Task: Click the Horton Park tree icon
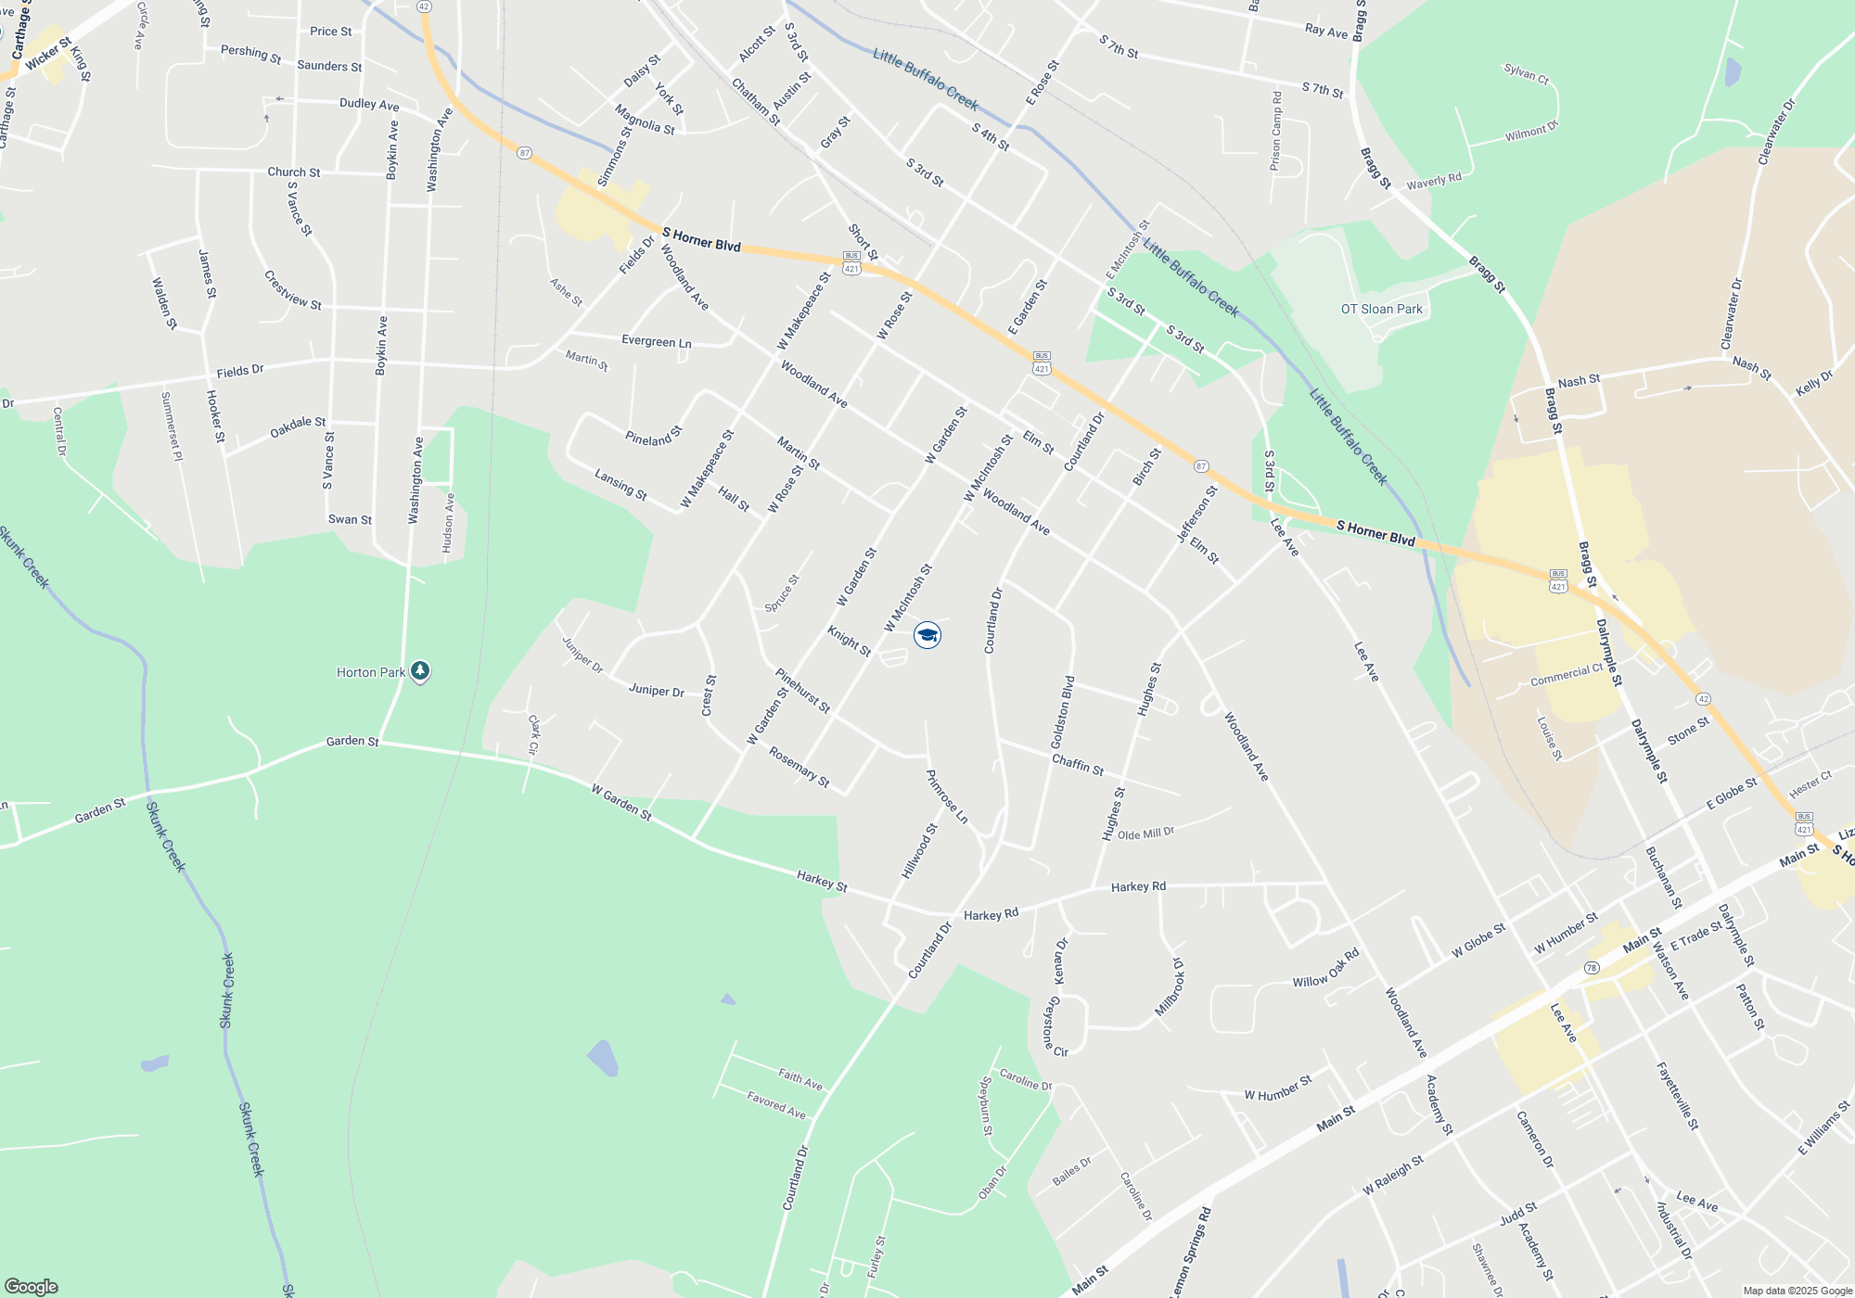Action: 420,671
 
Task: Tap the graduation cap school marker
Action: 927,635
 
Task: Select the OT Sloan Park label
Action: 1381,309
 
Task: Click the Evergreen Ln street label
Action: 656,341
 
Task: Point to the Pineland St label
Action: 653,436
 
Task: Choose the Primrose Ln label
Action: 947,796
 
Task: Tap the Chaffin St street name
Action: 1078,764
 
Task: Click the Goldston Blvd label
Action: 1063,712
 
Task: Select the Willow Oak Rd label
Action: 1325,968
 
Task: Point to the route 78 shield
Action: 1592,968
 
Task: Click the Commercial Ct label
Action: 1567,675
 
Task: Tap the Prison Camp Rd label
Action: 1276,131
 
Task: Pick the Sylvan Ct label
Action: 1526,73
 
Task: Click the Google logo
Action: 31,1286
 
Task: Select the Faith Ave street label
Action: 800,1079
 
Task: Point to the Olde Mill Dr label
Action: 1145,834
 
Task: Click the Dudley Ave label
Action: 369,104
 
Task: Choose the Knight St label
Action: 849,641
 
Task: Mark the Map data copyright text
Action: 1797,1291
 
